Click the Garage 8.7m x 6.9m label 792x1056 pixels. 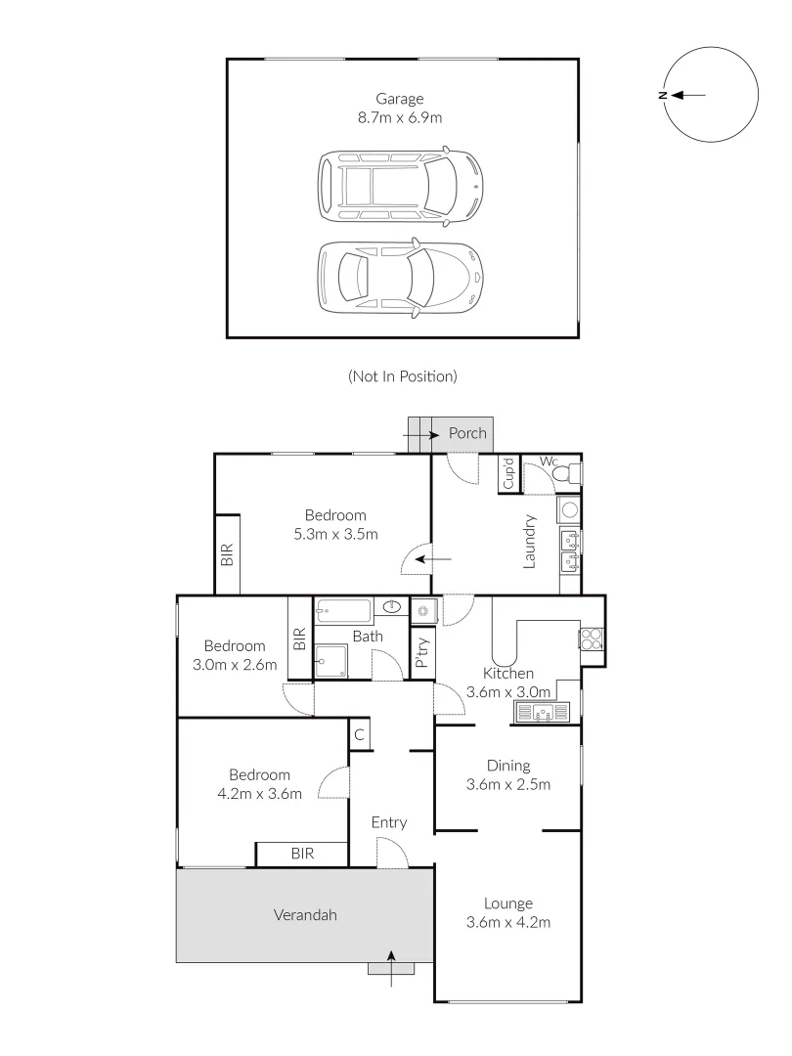coord(401,108)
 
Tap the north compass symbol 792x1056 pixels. coord(711,95)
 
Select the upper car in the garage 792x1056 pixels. coord(400,185)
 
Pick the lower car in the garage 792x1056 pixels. coord(400,279)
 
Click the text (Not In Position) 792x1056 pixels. coord(402,375)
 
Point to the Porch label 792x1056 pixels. coord(466,433)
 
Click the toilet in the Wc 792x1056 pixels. coord(565,475)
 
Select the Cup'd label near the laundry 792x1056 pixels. coord(508,474)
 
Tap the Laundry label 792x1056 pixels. coord(529,541)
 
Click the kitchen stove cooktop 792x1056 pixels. coord(593,638)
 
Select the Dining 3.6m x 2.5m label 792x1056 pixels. coord(508,774)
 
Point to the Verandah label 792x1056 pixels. coord(304,915)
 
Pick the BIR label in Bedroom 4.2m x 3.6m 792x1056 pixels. coord(302,854)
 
